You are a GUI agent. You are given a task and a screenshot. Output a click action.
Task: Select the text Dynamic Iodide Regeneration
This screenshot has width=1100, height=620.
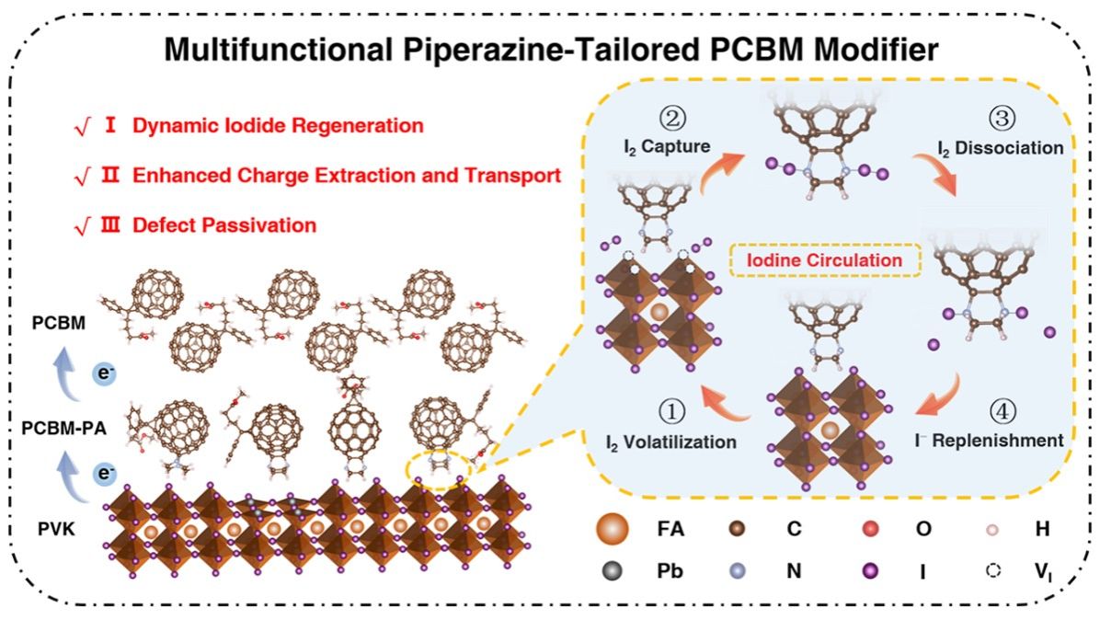(278, 125)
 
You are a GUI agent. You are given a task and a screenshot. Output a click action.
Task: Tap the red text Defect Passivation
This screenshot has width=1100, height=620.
(224, 224)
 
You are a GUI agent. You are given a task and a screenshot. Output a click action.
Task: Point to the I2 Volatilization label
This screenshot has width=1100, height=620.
(670, 442)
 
